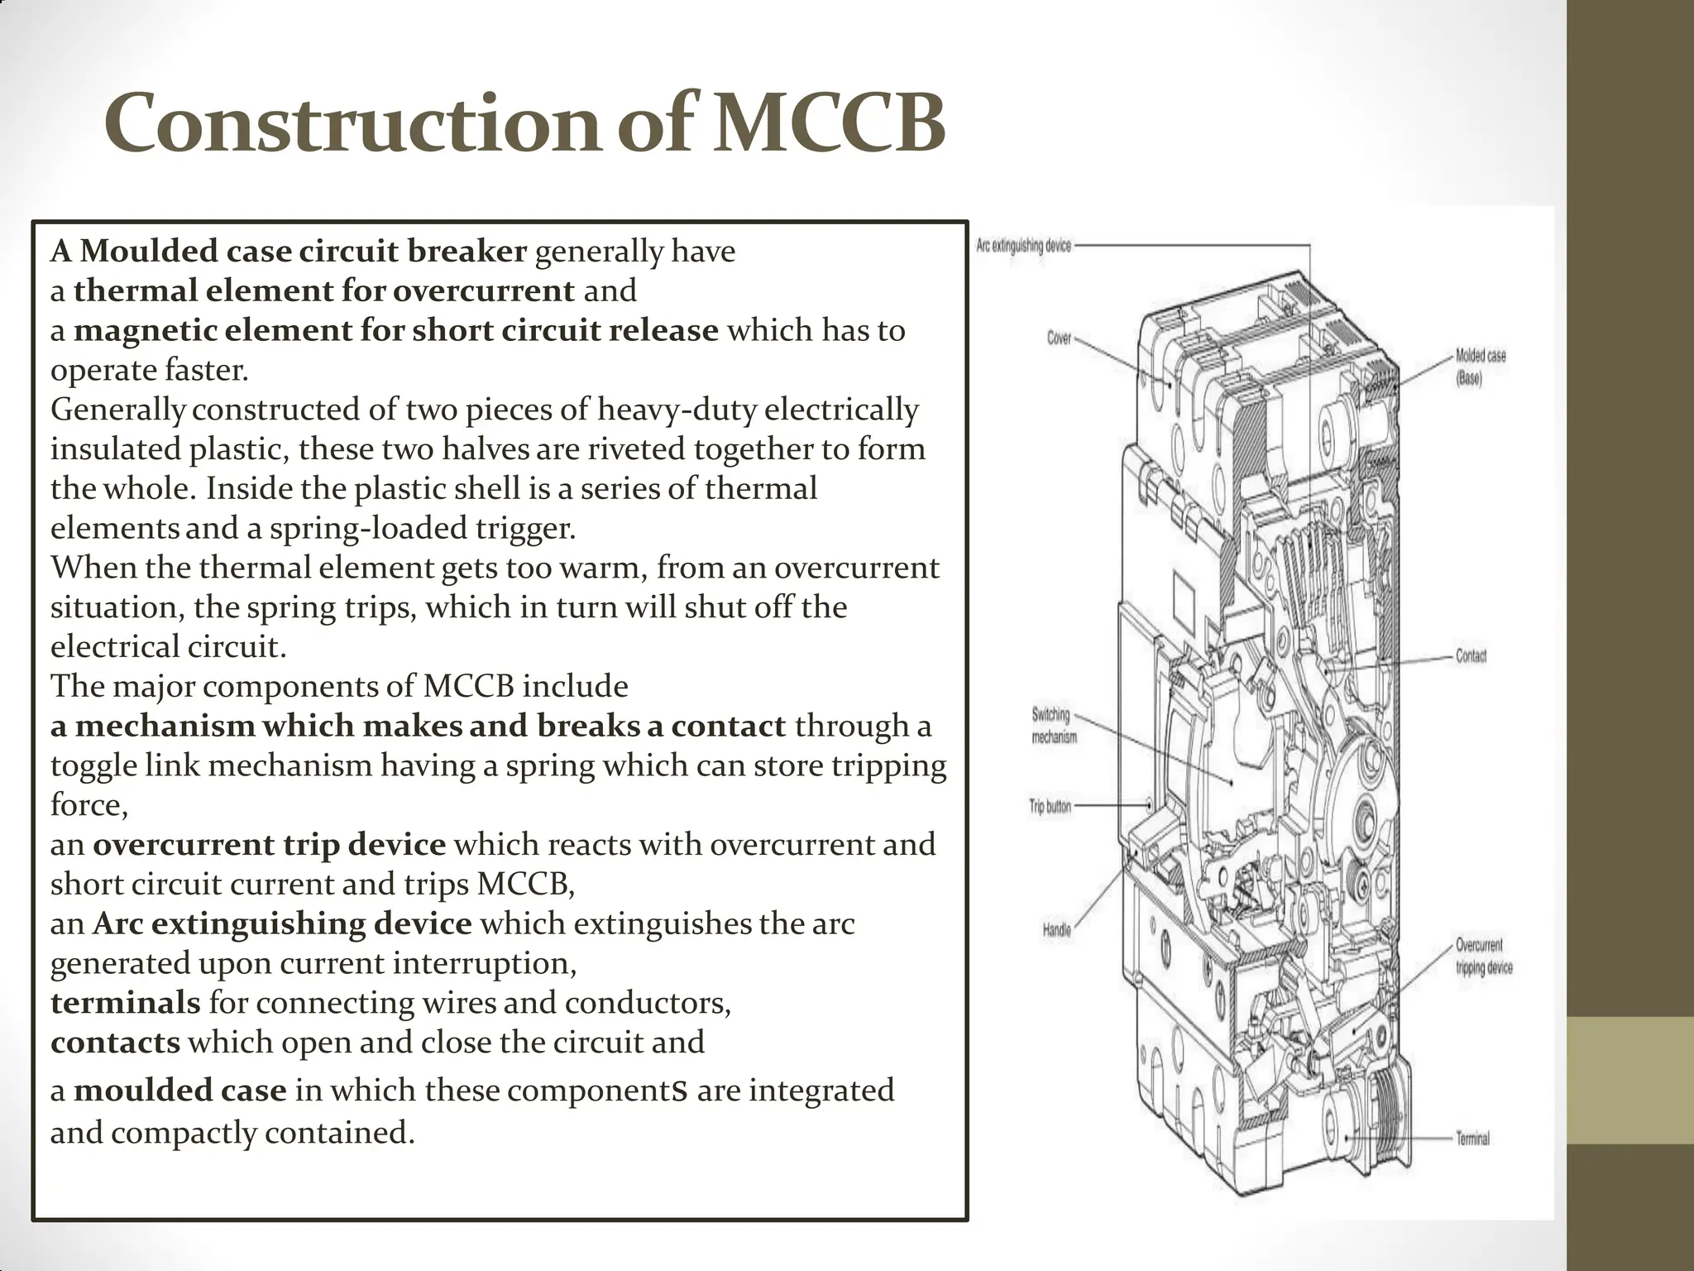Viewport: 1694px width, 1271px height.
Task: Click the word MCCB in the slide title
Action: click(x=828, y=125)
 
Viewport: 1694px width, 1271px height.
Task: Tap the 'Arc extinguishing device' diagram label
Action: click(x=1023, y=246)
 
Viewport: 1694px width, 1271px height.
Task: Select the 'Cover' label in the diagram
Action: click(x=1059, y=338)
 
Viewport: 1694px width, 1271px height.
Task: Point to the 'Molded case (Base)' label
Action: click(x=1481, y=367)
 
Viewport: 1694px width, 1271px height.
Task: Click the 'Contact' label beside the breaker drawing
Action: click(x=1471, y=656)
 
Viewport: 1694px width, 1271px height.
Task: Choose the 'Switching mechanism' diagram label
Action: click(x=1053, y=725)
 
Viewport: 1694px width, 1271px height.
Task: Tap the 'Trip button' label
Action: click(x=1050, y=806)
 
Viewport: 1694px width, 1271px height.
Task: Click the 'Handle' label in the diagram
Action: click(x=1056, y=930)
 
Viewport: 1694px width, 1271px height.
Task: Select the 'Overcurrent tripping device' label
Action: click(x=1483, y=956)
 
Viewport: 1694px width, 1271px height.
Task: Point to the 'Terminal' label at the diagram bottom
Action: click(x=1472, y=1139)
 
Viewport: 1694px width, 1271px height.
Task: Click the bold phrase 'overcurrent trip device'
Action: click(x=269, y=845)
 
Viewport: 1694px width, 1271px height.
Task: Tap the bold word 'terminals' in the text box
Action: click(x=125, y=1003)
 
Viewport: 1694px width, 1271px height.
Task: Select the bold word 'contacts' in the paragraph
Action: click(x=115, y=1043)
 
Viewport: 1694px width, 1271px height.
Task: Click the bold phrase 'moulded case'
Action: click(x=179, y=1091)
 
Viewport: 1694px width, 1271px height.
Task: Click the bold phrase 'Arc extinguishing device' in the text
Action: click(x=282, y=923)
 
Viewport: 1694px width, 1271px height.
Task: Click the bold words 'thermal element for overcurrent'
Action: click(x=323, y=290)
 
